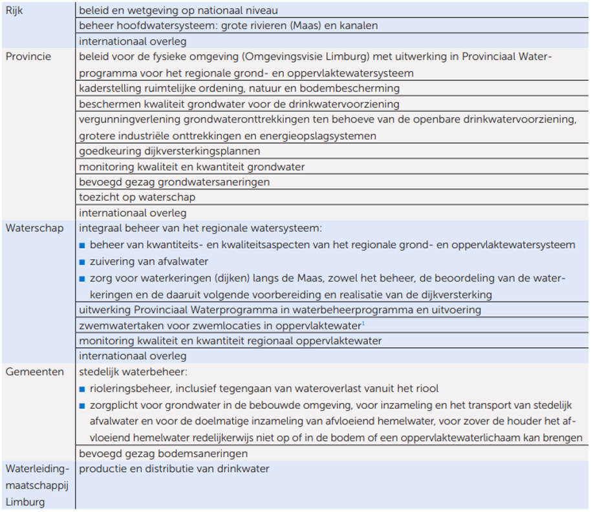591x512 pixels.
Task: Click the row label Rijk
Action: [x=15, y=10]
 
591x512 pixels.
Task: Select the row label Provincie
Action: [x=28, y=57]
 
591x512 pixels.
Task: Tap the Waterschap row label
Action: [x=34, y=228]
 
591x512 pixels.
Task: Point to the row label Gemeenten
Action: [x=34, y=372]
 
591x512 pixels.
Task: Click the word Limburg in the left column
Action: [x=25, y=502]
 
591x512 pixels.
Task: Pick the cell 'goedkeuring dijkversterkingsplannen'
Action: [x=169, y=151]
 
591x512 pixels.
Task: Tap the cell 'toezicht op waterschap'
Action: [x=137, y=197]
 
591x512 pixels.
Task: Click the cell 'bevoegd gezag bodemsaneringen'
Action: [x=164, y=454]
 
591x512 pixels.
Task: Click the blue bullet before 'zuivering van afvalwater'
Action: [x=82, y=262]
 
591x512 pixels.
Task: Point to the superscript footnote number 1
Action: [x=363, y=323]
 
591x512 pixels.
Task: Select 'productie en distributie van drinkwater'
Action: [x=174, y=469]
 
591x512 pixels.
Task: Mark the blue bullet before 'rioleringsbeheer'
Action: [x=82, y=389]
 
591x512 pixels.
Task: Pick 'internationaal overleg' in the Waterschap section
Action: [x=133, y=356]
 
